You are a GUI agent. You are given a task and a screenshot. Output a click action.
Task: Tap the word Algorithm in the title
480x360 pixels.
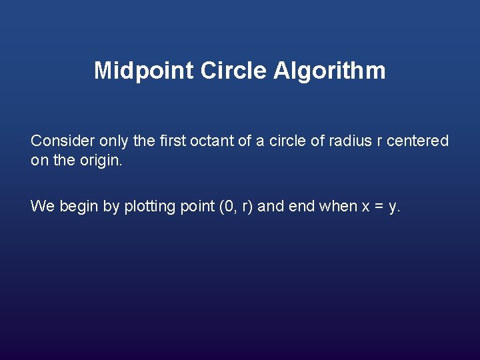pos(329,71)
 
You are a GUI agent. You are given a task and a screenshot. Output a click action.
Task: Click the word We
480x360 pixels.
pos(42,206)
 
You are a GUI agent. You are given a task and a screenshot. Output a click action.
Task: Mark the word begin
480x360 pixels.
pos(78,207)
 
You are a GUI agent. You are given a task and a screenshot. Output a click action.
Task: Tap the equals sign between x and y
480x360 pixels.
pos(379,207)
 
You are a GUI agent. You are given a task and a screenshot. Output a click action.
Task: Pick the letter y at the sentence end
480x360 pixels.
pos(393,208)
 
